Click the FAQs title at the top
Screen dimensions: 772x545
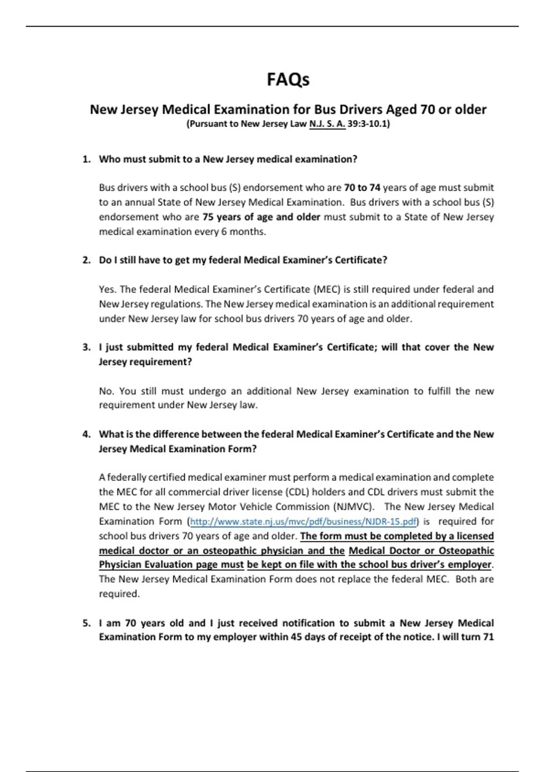pos(288,79)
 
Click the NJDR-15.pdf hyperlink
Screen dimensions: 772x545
pos(303,521)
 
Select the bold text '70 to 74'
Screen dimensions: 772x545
pos(362,188)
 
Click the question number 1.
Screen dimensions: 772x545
pos(86,159)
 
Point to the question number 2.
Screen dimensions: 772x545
pos(86,260)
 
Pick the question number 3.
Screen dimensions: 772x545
pos(86,347)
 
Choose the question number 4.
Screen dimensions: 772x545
pos(86,434)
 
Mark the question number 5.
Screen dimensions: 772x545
pos(86,623)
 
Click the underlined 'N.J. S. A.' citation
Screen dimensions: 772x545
pos(327,124)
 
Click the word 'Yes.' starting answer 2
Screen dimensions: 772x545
pos(108,289)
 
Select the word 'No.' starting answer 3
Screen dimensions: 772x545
pos(107,391)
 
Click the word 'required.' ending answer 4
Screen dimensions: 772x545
pos(119,594)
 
